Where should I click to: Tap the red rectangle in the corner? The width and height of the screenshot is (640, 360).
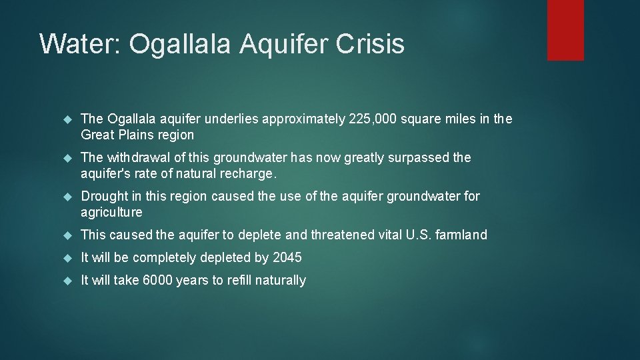[565, 30]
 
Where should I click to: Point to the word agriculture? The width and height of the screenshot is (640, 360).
[111, 213]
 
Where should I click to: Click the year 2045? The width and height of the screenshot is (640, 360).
[287, 258]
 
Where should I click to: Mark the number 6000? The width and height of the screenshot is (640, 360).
[158, 281]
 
